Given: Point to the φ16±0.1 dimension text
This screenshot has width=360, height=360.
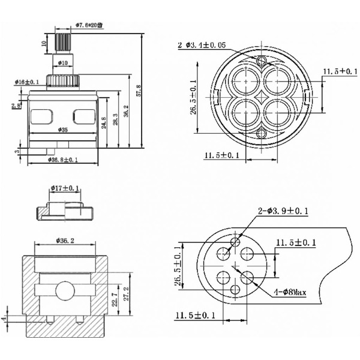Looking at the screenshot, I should pos(27,82).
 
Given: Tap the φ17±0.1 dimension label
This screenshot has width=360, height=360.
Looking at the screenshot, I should pos(63,188).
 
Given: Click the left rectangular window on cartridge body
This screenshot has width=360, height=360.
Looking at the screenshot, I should pos(41,115).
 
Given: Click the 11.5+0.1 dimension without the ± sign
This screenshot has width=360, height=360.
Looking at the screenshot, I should pos(339,71).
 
